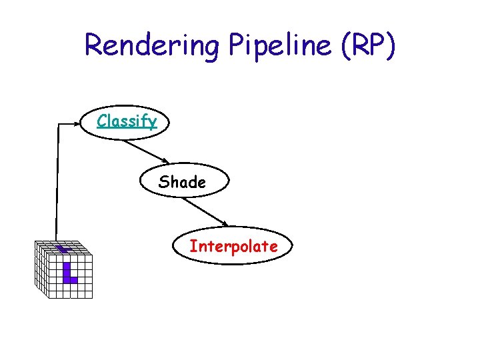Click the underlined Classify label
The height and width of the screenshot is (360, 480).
pos(127,121)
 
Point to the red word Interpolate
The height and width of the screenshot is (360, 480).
pos(233,246)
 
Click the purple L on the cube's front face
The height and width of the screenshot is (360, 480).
pos(68,273)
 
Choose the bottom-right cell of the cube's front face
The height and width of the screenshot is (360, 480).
pos(89,293)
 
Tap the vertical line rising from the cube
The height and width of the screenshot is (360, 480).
pos(57,180)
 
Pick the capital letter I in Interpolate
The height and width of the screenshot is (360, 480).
pos(192,246)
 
